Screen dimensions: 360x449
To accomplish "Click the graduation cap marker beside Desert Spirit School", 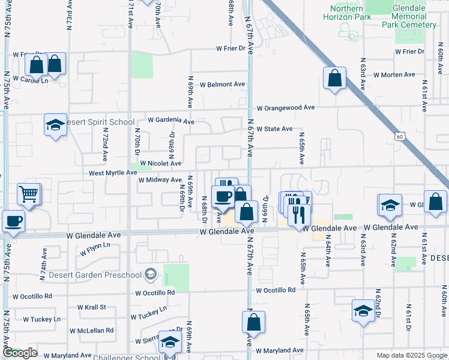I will pos(55,126).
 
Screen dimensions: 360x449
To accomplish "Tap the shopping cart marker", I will pos(29,194).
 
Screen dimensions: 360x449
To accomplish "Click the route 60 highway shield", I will pos(400,137).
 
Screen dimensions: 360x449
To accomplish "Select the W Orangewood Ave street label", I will pos(286,108).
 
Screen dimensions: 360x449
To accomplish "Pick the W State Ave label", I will pos(274,129).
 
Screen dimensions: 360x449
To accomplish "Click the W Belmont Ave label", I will pos(223,85).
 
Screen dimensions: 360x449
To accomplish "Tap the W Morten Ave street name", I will pos(394,75).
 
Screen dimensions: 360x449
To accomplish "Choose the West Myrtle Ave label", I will pos(113,173).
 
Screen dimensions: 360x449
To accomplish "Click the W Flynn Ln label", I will pos(94,246).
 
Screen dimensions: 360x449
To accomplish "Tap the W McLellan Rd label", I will pos(91,331).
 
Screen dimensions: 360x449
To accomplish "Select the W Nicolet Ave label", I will pos(160,163).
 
